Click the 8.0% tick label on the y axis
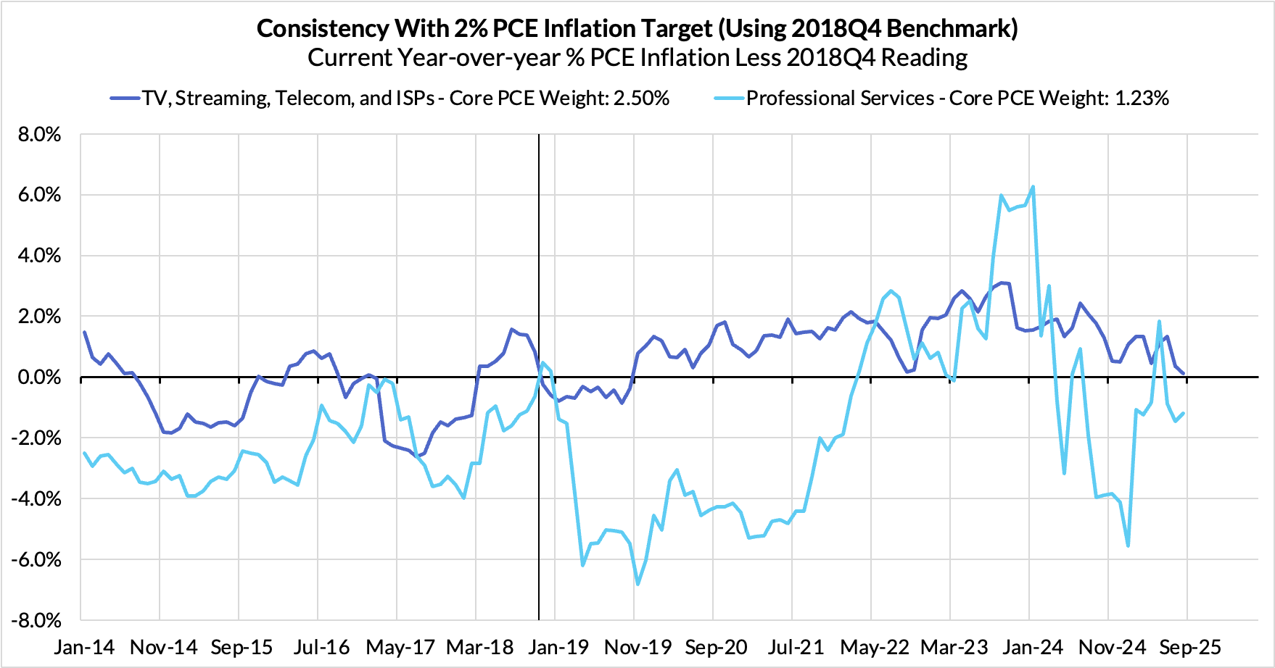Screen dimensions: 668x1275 [36, 135]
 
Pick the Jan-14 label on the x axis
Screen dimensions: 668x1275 [84, 647]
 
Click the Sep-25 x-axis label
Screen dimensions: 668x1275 [1190, 647]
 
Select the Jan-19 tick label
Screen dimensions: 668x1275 [558, 647]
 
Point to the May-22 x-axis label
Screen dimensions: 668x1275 [875, 647]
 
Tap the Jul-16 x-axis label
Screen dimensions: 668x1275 [321, 647]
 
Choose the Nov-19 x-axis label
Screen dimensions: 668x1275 [638, 647]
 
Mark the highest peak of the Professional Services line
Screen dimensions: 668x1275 [1033, 187]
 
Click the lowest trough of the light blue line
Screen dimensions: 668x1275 [637, 584]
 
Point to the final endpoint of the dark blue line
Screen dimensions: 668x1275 [1184, 374]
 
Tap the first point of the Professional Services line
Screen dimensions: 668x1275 [85, 454]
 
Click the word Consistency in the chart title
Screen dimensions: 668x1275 [323, 29]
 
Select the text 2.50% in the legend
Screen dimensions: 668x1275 [641, 99]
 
